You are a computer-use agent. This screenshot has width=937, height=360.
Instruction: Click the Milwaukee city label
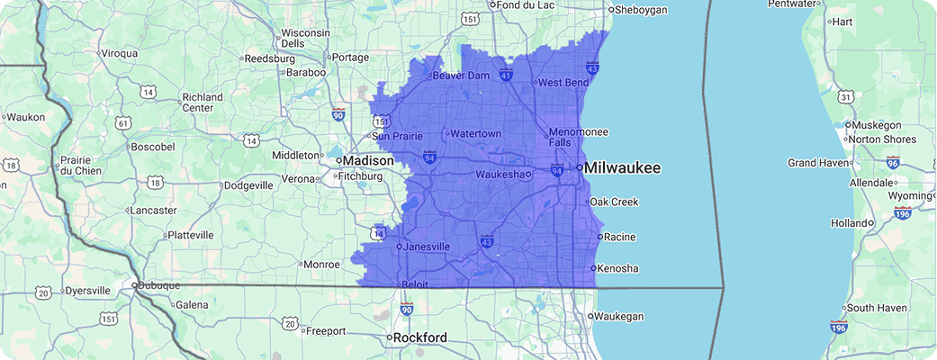point(625,168)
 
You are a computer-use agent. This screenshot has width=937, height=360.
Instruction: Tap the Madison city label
point(366,160)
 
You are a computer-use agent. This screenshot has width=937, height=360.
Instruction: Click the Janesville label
point(427,247)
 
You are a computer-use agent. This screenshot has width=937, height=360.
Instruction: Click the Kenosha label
point(619,268)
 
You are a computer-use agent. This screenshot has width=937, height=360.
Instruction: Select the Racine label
point(621,238)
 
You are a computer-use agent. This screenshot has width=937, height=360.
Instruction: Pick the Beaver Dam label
point(461,76)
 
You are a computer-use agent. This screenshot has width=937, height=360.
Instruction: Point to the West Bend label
point(563,83)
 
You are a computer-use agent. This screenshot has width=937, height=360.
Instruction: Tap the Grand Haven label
point(818,163)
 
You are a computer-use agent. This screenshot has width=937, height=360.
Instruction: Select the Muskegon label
point(882,125)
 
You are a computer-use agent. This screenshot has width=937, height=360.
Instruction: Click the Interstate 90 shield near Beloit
point(407,310)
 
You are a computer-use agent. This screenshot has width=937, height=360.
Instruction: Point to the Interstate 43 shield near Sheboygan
point(592,67)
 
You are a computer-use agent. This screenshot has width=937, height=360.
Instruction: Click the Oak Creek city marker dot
point(587,202)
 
